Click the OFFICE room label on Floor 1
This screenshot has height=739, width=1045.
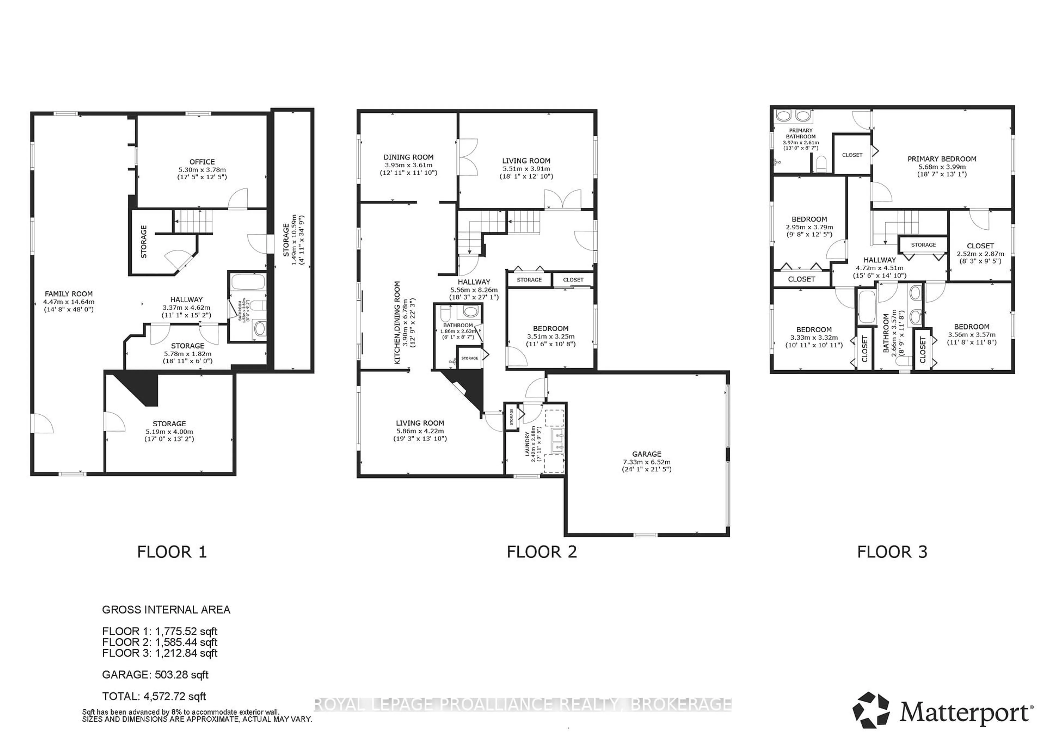coord(202,162)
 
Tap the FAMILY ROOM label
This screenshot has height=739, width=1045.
coord(69,294)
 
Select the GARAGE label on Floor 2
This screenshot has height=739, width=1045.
coord(646,454)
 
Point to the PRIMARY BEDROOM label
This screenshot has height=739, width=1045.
coord(942,159)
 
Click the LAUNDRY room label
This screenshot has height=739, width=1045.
coord(527,444)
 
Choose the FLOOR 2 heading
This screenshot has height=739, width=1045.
coord(542,552)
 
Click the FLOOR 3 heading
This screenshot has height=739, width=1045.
coord(892,552)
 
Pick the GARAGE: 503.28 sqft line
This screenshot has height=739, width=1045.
coord(155,675)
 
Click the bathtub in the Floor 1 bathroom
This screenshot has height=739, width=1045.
coord(248,282)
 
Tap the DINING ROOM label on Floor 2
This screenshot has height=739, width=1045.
coord(408,157)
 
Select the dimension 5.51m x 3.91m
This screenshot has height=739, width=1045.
coord(526,169)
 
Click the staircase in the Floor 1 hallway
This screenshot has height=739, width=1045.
coord(194,221)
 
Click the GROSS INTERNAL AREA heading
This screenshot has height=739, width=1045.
coord(166,610)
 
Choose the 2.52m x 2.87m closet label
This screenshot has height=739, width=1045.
coord(981,254)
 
